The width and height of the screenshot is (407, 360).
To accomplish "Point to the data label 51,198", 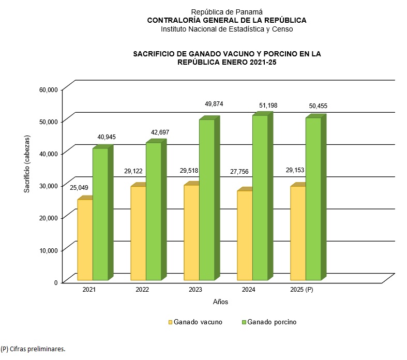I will pos(268,106).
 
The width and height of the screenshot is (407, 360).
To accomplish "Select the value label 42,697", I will pos(159,132).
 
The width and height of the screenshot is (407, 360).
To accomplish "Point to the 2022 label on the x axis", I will pos(142,290).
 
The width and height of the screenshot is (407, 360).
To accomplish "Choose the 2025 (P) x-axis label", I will pos(302,290).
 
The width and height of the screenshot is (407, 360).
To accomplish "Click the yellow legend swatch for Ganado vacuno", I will pos(170,322).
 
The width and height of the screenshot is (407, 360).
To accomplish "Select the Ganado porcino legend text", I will pos(272,322).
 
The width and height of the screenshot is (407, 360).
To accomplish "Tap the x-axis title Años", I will pos(220,302).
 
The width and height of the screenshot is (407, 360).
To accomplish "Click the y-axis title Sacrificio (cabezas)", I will pos(26,164).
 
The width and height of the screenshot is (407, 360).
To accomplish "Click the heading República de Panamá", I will pos(227,11).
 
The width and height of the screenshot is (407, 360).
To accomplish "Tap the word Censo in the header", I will pos(282,29).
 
